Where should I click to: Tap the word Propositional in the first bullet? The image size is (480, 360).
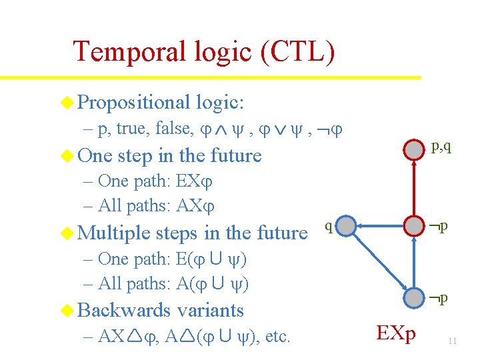133,102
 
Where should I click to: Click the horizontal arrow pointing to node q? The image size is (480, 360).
380,226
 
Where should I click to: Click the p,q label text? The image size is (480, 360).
441,147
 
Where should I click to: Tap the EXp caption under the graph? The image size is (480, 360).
395,333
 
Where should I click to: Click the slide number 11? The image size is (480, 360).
452,341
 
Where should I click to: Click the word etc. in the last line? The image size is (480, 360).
277,336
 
